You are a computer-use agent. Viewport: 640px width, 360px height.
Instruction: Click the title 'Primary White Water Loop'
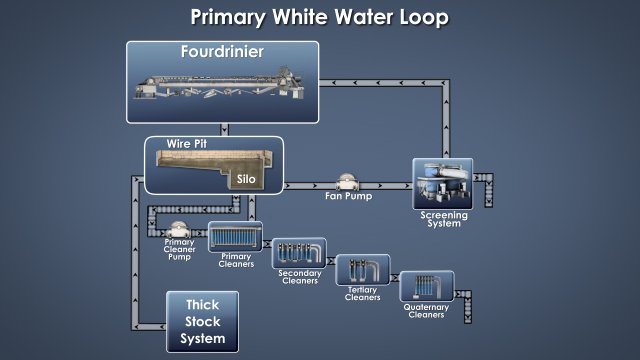pyautogui.click(x=320, y=17)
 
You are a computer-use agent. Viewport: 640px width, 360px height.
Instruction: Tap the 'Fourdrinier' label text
pyautogui.click(x=222, y=52)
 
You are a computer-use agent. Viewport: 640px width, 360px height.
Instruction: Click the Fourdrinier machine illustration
pyautogui.click(x=222, y=88)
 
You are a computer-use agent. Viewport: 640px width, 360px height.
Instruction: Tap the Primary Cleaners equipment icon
pyautogui.click(x=234, y=237)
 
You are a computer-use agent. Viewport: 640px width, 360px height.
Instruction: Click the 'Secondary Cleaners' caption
pyautogui.click(x=299, y=279)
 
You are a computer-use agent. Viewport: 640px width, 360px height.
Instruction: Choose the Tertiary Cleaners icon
pyautogui.click(x=362, y=270)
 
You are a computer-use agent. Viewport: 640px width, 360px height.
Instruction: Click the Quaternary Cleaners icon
pyautogui.click(x=427, y=286)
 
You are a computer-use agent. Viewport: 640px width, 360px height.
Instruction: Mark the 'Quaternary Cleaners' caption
pyautogui.click(x=427, y=312)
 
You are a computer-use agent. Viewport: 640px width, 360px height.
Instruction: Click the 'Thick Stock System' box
pyautogui.click(x=203, y=321)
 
